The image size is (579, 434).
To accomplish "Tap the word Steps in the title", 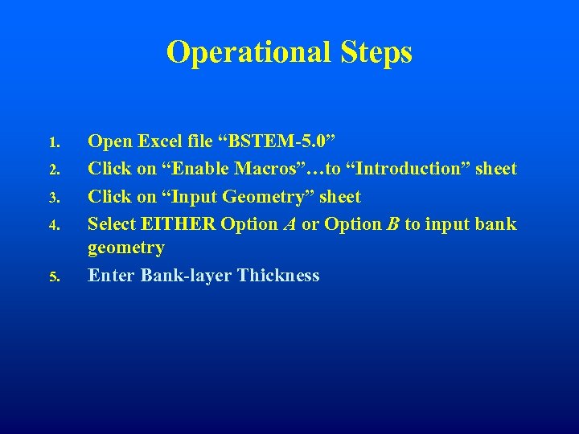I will [375, 52].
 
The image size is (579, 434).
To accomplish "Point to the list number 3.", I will [53, 198].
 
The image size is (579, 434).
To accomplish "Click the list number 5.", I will [53, 277].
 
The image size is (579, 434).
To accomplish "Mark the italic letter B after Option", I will [392, 223].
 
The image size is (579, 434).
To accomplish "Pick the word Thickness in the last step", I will [279, 276].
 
